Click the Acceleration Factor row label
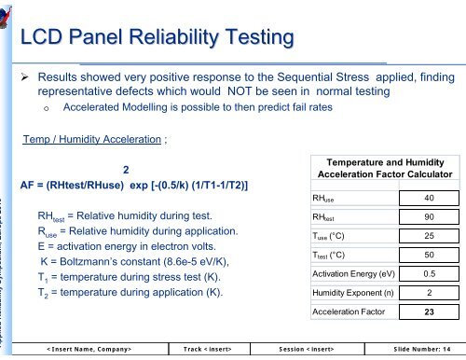coord(349,312)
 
